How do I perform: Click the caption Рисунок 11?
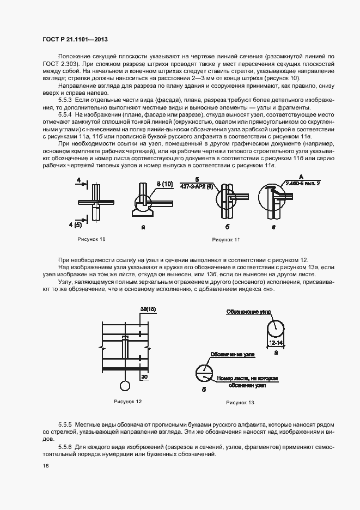(x=226, y=239)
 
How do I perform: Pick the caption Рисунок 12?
(x=127, y=402)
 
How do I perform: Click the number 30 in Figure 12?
(x=144, y=377)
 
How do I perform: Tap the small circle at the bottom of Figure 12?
(x=125, y=386)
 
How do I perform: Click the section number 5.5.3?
(x=65, y=101)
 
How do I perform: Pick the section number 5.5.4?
(x=65, y=116)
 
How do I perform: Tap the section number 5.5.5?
(x=65, y=424)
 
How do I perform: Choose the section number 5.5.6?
(x=65, y=446)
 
